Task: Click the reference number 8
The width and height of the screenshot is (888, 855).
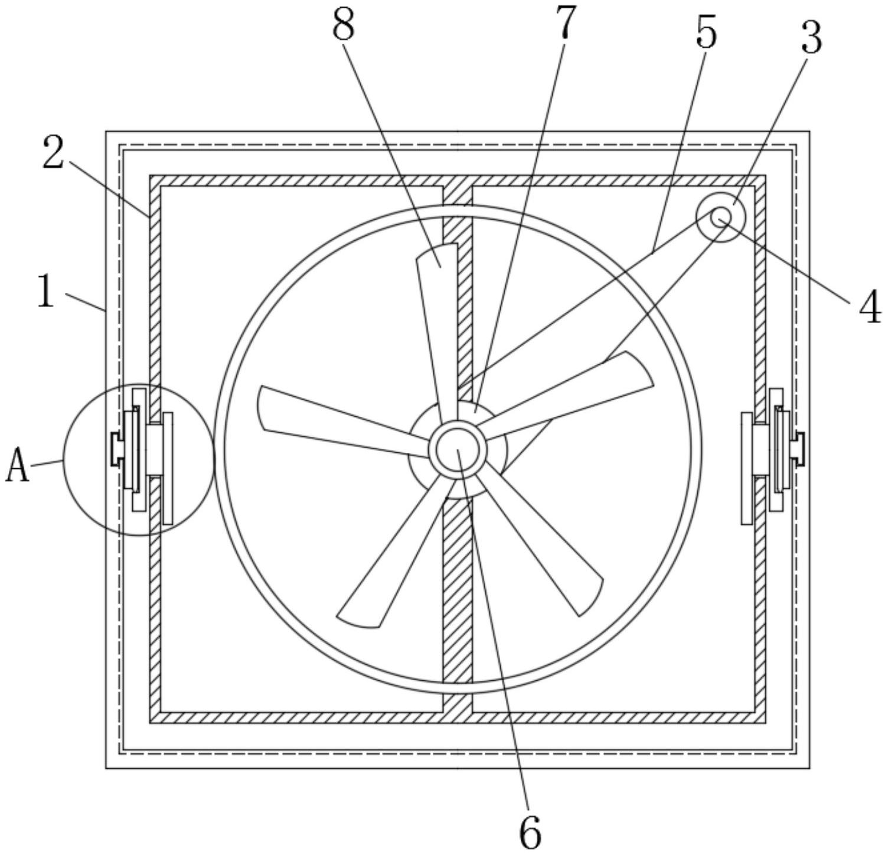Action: coord(344,27)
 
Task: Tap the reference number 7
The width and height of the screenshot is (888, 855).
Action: coord(565,22)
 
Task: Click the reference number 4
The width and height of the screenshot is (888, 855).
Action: coord(870,308)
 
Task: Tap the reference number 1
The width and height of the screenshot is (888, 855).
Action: coord(45,291)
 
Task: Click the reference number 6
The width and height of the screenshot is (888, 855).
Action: coord(530,831)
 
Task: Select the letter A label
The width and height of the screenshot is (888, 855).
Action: coord(18,465)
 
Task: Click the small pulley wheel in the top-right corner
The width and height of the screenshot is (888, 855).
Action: coord(720,217)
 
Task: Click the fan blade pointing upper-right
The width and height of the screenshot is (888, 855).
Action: coord(579,393)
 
